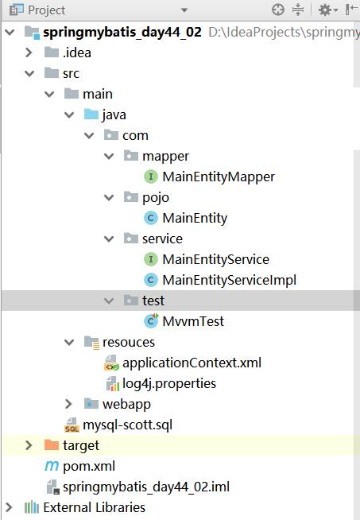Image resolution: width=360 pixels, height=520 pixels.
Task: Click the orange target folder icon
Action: point(52,445)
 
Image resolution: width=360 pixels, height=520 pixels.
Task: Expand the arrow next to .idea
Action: point(29,52)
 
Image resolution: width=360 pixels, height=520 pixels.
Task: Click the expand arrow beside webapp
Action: point(68,404)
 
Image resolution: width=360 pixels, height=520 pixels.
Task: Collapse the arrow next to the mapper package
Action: point(109,156)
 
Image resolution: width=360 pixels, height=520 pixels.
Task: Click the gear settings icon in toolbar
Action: point(325,10)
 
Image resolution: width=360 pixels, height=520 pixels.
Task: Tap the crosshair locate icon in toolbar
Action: point(278,10)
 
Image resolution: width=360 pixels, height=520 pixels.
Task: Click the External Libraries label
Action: point(94,508)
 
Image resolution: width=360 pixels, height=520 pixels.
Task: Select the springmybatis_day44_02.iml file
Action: point(146,487)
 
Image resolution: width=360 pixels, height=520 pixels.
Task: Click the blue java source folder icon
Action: point(91,114)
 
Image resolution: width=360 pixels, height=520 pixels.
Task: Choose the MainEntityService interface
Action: point(215,260)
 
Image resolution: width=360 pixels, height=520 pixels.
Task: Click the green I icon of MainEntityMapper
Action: point(151,177)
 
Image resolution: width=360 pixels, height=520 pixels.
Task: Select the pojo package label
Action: point(156,198)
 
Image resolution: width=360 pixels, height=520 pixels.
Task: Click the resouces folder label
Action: point(129,342)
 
